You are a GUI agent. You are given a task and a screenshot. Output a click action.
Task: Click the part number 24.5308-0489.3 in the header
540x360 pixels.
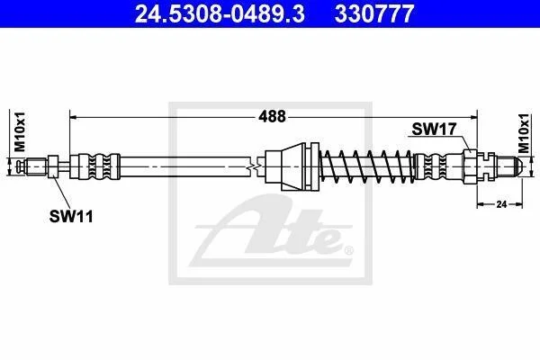(x=220, y=13)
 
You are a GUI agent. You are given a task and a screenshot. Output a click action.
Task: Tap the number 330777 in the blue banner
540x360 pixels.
(x=374, y=13)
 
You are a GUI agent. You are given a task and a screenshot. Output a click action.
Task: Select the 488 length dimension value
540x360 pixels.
(x=272, y=117)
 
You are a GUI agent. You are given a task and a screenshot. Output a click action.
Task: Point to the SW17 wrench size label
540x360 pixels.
(x=434, y=130)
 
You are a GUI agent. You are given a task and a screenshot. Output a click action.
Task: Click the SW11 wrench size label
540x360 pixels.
(x=71, y=217)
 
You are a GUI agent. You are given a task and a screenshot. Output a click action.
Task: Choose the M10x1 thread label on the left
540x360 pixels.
(x=20, y=131)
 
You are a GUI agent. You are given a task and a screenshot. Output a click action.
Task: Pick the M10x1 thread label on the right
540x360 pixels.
(x=524, y=133)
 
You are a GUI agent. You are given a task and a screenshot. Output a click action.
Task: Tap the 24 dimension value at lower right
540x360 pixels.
(x=501, y=204)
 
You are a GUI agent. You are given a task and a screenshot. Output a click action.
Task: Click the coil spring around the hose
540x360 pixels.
(x=367, y=166)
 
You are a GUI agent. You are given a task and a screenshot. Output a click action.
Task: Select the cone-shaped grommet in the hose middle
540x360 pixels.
(x=292, y=166)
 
